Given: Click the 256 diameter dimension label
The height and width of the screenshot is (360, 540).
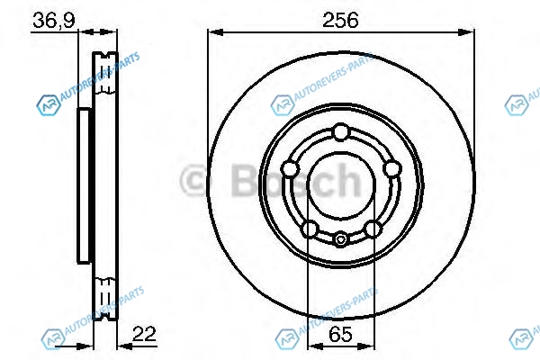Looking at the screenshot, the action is click(x=340, y=20).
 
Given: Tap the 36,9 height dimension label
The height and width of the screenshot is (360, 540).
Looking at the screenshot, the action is click(x=54, y=21).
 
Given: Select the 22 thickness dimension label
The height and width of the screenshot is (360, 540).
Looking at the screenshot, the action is click(x=144, y=334).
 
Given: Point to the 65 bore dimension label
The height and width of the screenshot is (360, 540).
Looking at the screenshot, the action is click(x=340, y=334).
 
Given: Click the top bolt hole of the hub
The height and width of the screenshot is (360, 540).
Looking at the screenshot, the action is click(x=341, y=132).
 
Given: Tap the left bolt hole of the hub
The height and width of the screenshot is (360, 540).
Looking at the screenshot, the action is click(x=290, y=169).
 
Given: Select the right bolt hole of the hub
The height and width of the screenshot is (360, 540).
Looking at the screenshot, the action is click(x=392, y=169).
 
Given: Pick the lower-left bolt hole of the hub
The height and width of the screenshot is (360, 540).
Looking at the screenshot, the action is click(x=310, y=229).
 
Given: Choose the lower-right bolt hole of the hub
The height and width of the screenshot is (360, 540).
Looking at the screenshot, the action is click(x=373, y=229).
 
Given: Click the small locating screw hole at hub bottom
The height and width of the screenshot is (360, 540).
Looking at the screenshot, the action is click(x=341, y=239).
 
